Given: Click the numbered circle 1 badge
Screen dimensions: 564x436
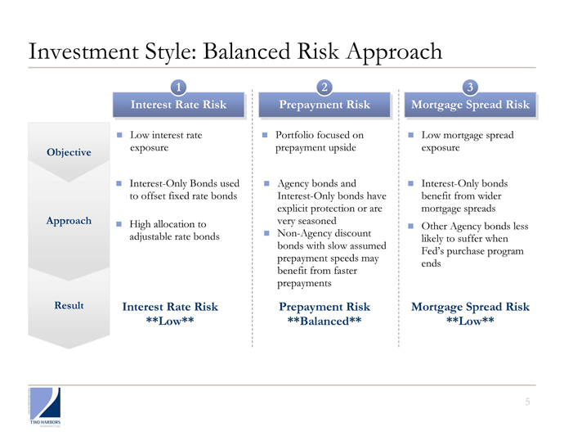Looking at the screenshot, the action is tap(178, 88).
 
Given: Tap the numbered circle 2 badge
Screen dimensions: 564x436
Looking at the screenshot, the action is tap(325, 88).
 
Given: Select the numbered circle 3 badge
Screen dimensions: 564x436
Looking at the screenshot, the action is tap(470, 88).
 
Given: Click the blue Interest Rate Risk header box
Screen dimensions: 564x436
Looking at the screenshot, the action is tap(179, 105).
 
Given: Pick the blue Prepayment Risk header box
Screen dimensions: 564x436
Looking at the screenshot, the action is tap(325, 105).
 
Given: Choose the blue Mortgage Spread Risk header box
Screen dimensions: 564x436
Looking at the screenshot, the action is tap(470, 105).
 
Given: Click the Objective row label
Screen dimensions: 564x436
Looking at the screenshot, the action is tap(69, 152).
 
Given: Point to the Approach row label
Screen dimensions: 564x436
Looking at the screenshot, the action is tap(69, 221).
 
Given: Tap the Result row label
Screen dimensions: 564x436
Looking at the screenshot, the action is tap(69, 305).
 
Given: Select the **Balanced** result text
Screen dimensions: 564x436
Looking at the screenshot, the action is tap(325, 321).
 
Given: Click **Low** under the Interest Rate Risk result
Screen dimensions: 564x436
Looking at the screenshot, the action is tap(170, 321).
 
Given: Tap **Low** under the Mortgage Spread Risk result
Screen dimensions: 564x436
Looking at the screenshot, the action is tap(470, 321).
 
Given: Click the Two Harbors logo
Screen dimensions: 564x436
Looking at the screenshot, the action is tap(45, 407).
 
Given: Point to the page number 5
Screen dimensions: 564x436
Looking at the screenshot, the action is tap(527, 402).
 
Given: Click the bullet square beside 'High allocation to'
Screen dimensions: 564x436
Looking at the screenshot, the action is tap(119, 224).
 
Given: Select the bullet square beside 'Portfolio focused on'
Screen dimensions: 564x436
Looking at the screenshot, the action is tap(265, 135).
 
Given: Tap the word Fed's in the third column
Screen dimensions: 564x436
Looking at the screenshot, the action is tap(432, 251).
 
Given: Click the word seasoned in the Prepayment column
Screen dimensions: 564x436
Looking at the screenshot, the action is tap(317, 221).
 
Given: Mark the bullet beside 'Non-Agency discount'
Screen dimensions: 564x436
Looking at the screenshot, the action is tap(266, 233).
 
